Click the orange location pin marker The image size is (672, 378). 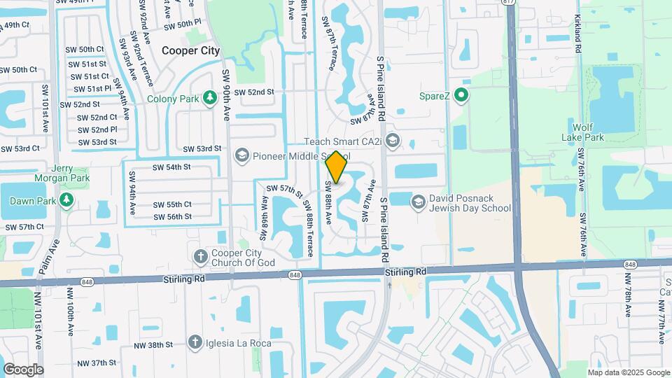pyautogui.click(x=337, y=167)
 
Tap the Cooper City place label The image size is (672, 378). pyautogui.click(x=190, y=50)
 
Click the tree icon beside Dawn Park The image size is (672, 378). pyautogui.click(x=66, y=200)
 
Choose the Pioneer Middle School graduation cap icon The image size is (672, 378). pyautogui.click(x=242, y=155)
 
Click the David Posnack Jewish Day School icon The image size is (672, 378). pyautogui.click(x=418, y=202)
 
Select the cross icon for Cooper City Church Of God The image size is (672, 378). pyautogui.click(x=200, y=255)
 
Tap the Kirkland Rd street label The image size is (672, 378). pyautogui.click(x=578, y=35)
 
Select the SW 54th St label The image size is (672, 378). pyautogui.click(x=171, y=167)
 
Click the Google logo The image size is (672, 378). pyautogui.click(x=23, y=369)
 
